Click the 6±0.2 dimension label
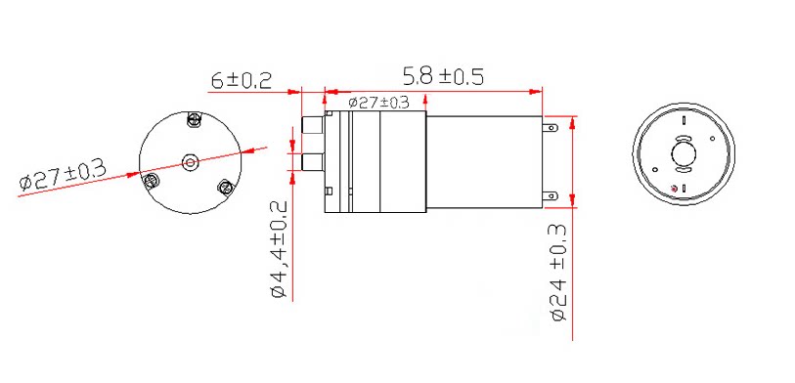[x=242, y=81]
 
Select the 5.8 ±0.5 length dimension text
[x=443, y=77]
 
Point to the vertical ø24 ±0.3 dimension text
[x=558, y=273]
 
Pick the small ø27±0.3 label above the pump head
[x=378, y=103]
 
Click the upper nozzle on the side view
[x=312, y=125]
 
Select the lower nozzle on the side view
[x=312, y=162]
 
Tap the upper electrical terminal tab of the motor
[x=551, y=128]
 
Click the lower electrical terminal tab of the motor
[x=551, y=195]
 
